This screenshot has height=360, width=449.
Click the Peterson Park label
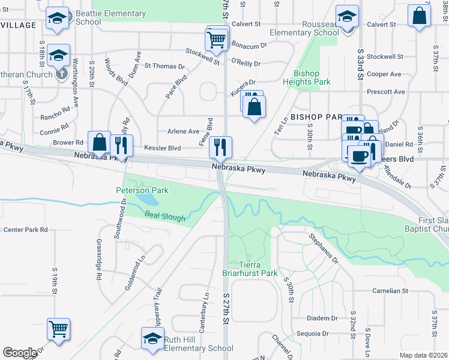click(142, 190)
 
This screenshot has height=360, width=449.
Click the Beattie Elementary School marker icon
click(58, 19)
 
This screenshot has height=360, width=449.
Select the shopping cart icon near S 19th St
click(59, 328)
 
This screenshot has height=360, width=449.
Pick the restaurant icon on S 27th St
click(220, 146)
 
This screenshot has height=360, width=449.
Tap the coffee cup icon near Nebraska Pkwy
click(360, 156)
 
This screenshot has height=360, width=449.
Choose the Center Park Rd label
click(25, 230)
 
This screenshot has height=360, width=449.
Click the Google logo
click(19, 353)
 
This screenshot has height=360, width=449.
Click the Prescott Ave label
click(386, 92)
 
